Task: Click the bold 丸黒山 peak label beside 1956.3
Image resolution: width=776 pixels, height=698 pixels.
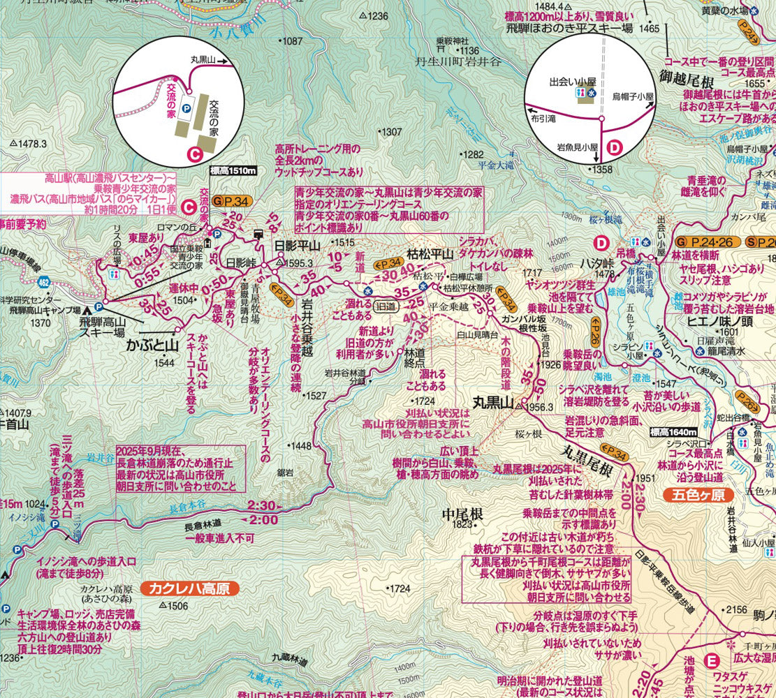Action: tap(493, 403)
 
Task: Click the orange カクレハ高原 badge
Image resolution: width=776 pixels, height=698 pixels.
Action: tap(189, 588)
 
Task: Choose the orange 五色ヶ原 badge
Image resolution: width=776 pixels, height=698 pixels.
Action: tap(696, 496)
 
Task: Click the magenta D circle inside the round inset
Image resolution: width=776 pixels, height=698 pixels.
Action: tap(614, 147)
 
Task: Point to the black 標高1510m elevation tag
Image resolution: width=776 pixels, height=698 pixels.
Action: tap(233, 171)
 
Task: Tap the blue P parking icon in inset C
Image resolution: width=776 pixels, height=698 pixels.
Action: tap(186, 108)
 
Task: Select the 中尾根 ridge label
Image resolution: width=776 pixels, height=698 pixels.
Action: tap(462, 514)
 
